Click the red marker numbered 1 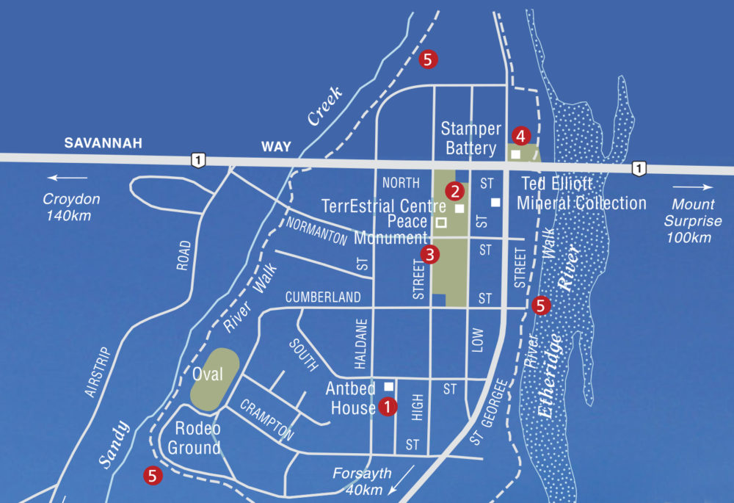click(388, 406)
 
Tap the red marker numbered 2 click(456, 191)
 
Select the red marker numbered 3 click(430, 255)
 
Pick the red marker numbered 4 click(520, 136)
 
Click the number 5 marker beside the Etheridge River click(541, 305)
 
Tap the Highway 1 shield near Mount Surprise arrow click(640, 168)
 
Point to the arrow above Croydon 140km click(67, 178)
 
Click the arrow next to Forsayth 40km click(402, 478)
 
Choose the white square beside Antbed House click(389, 386)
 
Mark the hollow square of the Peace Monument click(441, 222)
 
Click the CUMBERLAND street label click(323, 297)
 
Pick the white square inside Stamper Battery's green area click(515, 155)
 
